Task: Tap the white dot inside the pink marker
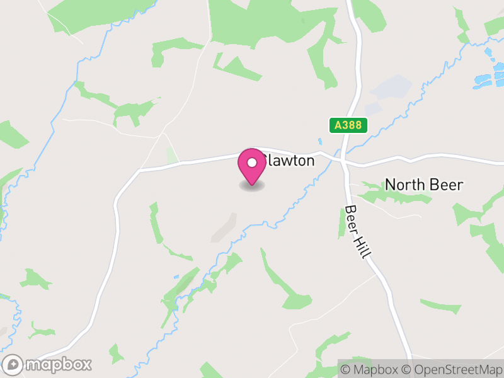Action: click(252, 163)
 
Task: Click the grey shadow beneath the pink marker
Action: click(252, 186)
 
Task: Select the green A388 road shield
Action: click(348, 125)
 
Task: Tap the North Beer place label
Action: click(424, 185)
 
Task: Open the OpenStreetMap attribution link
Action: click(454, 369)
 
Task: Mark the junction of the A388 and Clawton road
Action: click(343, 159)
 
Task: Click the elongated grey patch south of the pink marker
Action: click(224, 227)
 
